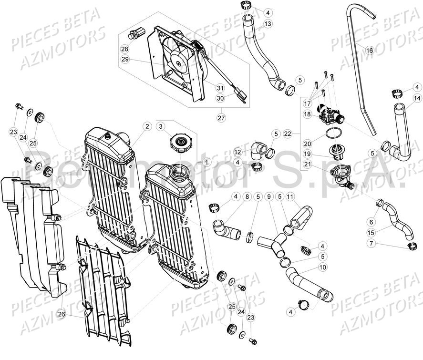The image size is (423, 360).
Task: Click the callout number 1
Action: [206, 162]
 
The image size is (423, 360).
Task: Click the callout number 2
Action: [148, 126]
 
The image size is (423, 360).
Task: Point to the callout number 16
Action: [369, 49]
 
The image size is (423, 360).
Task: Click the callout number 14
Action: [416, 99]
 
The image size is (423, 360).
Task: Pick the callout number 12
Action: [238, 152]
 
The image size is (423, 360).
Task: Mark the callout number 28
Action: [124, 49]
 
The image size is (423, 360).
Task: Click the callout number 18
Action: [307, 114]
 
